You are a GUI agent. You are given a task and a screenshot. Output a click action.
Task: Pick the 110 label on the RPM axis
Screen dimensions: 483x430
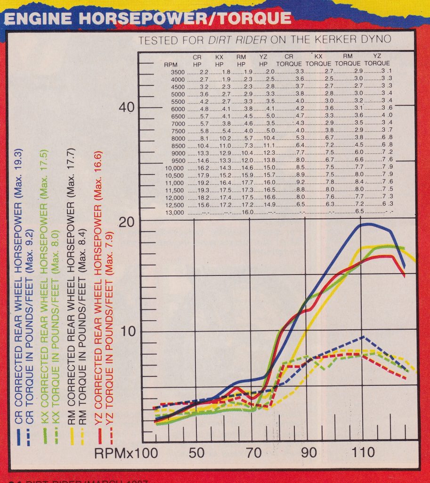(x=362, y=452)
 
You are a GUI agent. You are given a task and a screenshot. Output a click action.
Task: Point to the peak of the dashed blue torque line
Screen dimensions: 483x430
(x=363, y=337)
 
